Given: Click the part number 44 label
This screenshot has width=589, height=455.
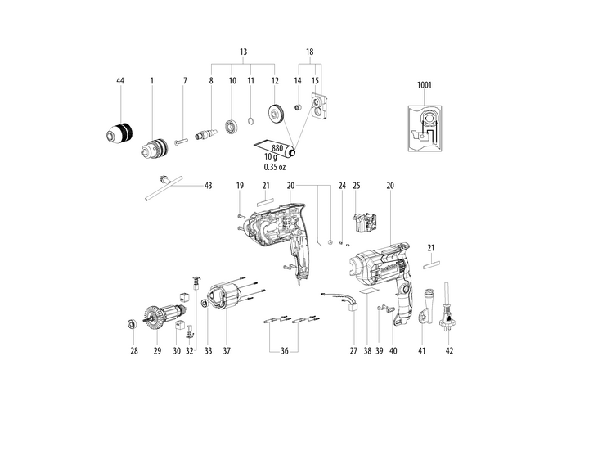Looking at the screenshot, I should tap(120, 81).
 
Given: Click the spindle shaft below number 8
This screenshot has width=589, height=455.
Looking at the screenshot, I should tap(208, 130).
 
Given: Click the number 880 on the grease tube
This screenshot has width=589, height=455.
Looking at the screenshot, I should tap(281, 150).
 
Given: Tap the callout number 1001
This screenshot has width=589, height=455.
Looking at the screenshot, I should tap(424, 85).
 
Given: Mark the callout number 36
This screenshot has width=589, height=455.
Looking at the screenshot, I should tap(285, 352).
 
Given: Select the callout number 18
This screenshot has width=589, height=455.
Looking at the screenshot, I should tap(309, 51).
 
